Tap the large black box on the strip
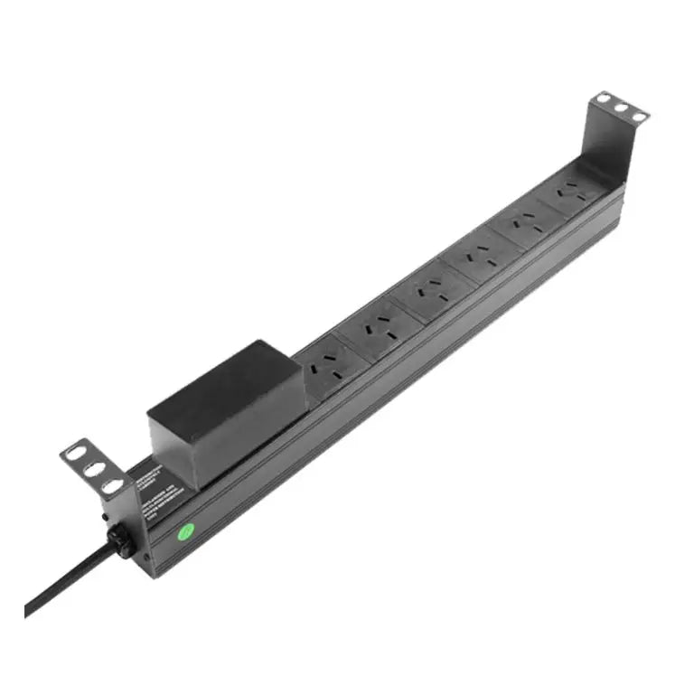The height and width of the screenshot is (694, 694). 221,403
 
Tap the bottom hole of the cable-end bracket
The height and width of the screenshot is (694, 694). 111,486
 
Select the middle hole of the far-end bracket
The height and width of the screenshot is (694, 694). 622,108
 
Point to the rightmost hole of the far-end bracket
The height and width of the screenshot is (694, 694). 638,117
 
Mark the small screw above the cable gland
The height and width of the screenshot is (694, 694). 107,518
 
